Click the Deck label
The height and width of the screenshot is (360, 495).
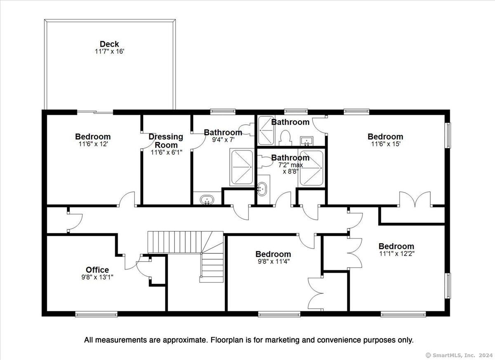(x=109, y=44)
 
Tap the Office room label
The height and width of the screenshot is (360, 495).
(x=97, y=270)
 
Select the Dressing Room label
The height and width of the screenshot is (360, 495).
(x=166, y=141)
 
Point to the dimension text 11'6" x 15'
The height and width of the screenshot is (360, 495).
(x=385, y=144)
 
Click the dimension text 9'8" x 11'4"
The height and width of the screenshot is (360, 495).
(x=273, y=261)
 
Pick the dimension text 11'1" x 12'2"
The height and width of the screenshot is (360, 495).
(x=396, y=254)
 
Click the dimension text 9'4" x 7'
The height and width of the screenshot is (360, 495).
(x=223, y=140)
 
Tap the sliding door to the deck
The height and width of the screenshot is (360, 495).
(x=95, y=112)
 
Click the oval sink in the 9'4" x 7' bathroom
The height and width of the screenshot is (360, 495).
(x=207, y=200)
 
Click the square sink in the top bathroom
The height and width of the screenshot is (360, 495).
(x=306, y=141)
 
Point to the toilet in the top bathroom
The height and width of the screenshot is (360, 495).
(x=285, y=138)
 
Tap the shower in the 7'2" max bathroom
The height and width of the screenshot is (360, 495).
(x=311, y=168)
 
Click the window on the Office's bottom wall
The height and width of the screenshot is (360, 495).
(x=97, y=314)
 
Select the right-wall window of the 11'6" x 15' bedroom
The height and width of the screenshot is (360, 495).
(x=448, y=135)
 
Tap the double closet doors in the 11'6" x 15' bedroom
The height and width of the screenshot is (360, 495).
(x=415, y=199)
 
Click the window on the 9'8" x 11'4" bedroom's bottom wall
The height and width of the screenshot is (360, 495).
(x=279, y=314)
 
